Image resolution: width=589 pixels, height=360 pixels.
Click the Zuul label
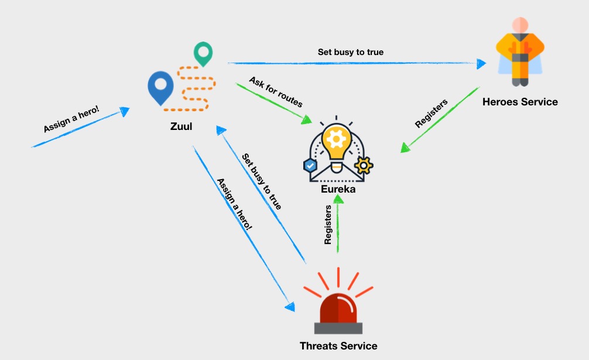pos(181,126)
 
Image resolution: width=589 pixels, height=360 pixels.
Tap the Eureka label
pos(338,189)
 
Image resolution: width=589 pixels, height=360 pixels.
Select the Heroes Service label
pos(520,102)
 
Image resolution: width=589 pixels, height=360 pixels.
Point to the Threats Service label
pos(338,346)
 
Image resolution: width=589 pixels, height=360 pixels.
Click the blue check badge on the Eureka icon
pos(310,165)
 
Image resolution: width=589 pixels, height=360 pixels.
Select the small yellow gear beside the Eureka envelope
pos(364,166)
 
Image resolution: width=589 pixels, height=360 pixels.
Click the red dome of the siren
pos(338,308)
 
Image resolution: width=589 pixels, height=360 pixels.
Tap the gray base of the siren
pos(338,328)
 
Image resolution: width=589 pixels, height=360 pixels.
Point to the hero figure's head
pos(520,25)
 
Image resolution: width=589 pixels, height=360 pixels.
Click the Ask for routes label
pos(276,92)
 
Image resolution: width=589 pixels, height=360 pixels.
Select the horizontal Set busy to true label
pos(351,52)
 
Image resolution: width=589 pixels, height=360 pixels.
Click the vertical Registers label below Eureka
pos(328,224)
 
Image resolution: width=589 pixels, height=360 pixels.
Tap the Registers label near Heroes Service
pos(432,114)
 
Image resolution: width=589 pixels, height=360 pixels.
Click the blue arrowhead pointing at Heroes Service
pos(481,64)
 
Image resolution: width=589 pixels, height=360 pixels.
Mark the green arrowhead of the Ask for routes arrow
pos(307,120)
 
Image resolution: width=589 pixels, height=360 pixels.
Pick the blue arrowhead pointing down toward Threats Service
pos(290,307)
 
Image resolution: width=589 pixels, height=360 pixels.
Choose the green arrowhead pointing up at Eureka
pos(338,198)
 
